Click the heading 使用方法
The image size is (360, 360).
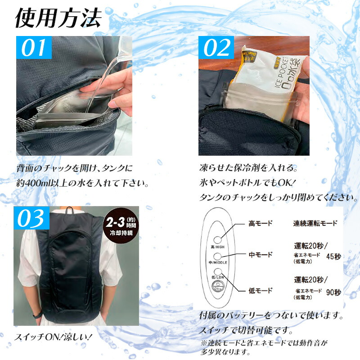(x=58, y=18)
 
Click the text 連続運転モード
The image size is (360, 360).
(x=315, y=223)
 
